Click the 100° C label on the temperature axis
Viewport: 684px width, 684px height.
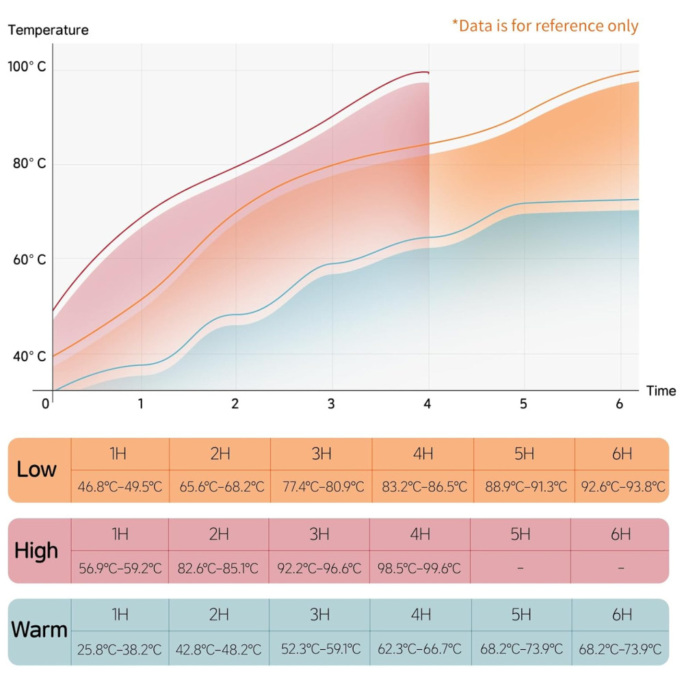(27, 67)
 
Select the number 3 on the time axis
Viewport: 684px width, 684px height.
(331, 404)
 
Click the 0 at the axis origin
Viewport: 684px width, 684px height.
(46, 404)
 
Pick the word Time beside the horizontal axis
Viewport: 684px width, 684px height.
(661, 391)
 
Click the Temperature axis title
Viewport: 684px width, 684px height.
(49, 30)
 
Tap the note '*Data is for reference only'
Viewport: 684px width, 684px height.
(545, 26)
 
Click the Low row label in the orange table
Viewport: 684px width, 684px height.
(37, 470)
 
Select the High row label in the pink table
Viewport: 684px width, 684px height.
(37, 551)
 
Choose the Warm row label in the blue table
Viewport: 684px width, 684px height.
(39, 630)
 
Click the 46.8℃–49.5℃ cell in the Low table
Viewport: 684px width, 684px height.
(120, 488)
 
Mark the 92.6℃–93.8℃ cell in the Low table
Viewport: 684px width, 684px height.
(623, 488)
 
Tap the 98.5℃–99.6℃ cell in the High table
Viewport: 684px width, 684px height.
(419, 568)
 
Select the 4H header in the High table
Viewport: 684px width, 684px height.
(419, 534)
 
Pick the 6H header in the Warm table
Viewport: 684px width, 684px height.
(622, 615)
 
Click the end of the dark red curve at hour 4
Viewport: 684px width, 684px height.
(428, 72)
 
